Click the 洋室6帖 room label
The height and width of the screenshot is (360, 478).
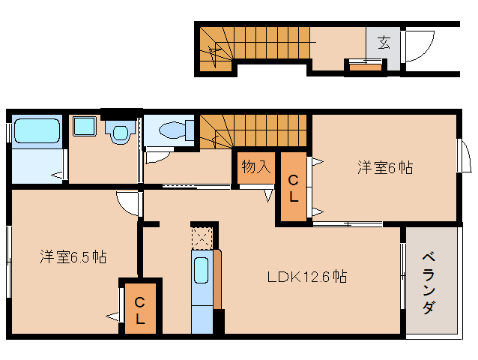point(384,168)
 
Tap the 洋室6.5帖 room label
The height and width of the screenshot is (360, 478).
point(73,257)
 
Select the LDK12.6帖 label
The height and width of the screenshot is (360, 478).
point(307,276)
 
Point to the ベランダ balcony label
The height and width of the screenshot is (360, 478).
point(429,280)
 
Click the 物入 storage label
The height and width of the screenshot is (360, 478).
point(255,166)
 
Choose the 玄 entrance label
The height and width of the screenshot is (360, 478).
point(383,42)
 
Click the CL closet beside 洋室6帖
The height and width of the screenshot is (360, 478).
point(293,187)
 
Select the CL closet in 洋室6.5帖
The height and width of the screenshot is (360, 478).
point(140,308)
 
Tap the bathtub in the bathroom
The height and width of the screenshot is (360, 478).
point(37,132)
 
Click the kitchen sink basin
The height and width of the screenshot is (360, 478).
point(202,270)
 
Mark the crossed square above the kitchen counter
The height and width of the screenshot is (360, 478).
point(202,238)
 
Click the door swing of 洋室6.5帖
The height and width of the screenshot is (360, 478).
point(129,202)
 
